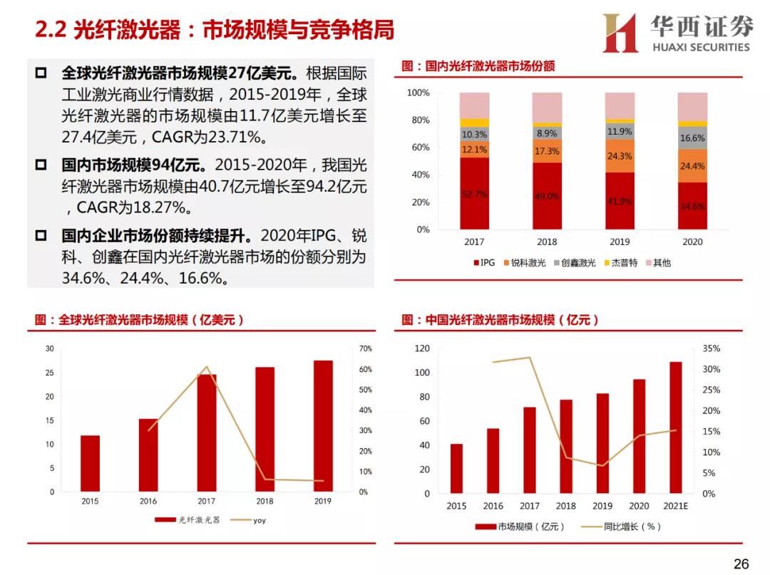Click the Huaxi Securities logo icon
620,33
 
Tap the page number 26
741,564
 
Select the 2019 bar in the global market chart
323,426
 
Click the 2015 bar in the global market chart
90,463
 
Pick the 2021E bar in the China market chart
675,428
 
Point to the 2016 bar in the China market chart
493,460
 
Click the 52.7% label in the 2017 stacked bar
474,194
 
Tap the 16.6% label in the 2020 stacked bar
692,138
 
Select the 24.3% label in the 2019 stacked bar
620,156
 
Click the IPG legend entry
484,263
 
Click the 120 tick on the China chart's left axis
422,349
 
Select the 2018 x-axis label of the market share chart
547,242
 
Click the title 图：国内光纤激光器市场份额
478,66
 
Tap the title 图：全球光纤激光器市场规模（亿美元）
140,321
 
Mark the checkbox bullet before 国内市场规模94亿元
41,165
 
